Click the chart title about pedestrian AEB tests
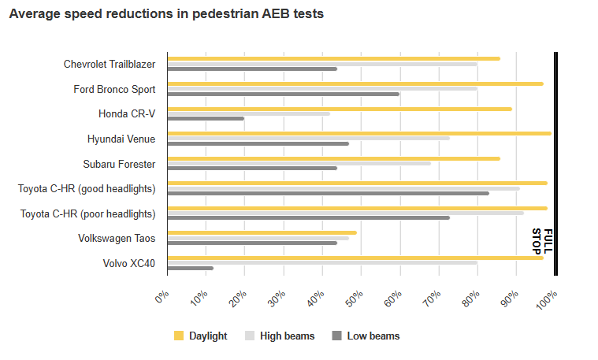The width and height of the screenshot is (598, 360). coord(166,15)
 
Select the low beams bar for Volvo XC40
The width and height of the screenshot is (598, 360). coord(190,268)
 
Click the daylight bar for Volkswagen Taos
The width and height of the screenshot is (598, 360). coord(262,232)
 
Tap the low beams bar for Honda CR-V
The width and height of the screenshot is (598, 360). coord(206,119)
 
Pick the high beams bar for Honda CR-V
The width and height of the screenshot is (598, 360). coord(248,113)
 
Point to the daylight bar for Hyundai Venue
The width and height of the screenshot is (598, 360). coord(358,133)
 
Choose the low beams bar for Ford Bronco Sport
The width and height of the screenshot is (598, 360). coord(283,94)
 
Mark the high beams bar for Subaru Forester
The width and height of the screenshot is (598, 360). coord(299,163)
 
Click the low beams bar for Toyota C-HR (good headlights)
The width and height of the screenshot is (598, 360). coord(328,193)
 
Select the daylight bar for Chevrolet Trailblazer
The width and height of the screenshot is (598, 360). coord(333,58)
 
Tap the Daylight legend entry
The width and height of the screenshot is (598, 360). coord(200,336)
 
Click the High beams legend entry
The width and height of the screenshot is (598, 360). coord(280,336)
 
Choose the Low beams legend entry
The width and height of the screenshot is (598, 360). coord(366,336)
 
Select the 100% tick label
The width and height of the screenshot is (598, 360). coord(546,299)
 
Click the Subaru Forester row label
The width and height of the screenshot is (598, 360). coord(119,164)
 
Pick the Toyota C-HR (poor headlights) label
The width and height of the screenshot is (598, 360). coord(87,213)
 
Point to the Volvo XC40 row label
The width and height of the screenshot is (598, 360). coord(129,263)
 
